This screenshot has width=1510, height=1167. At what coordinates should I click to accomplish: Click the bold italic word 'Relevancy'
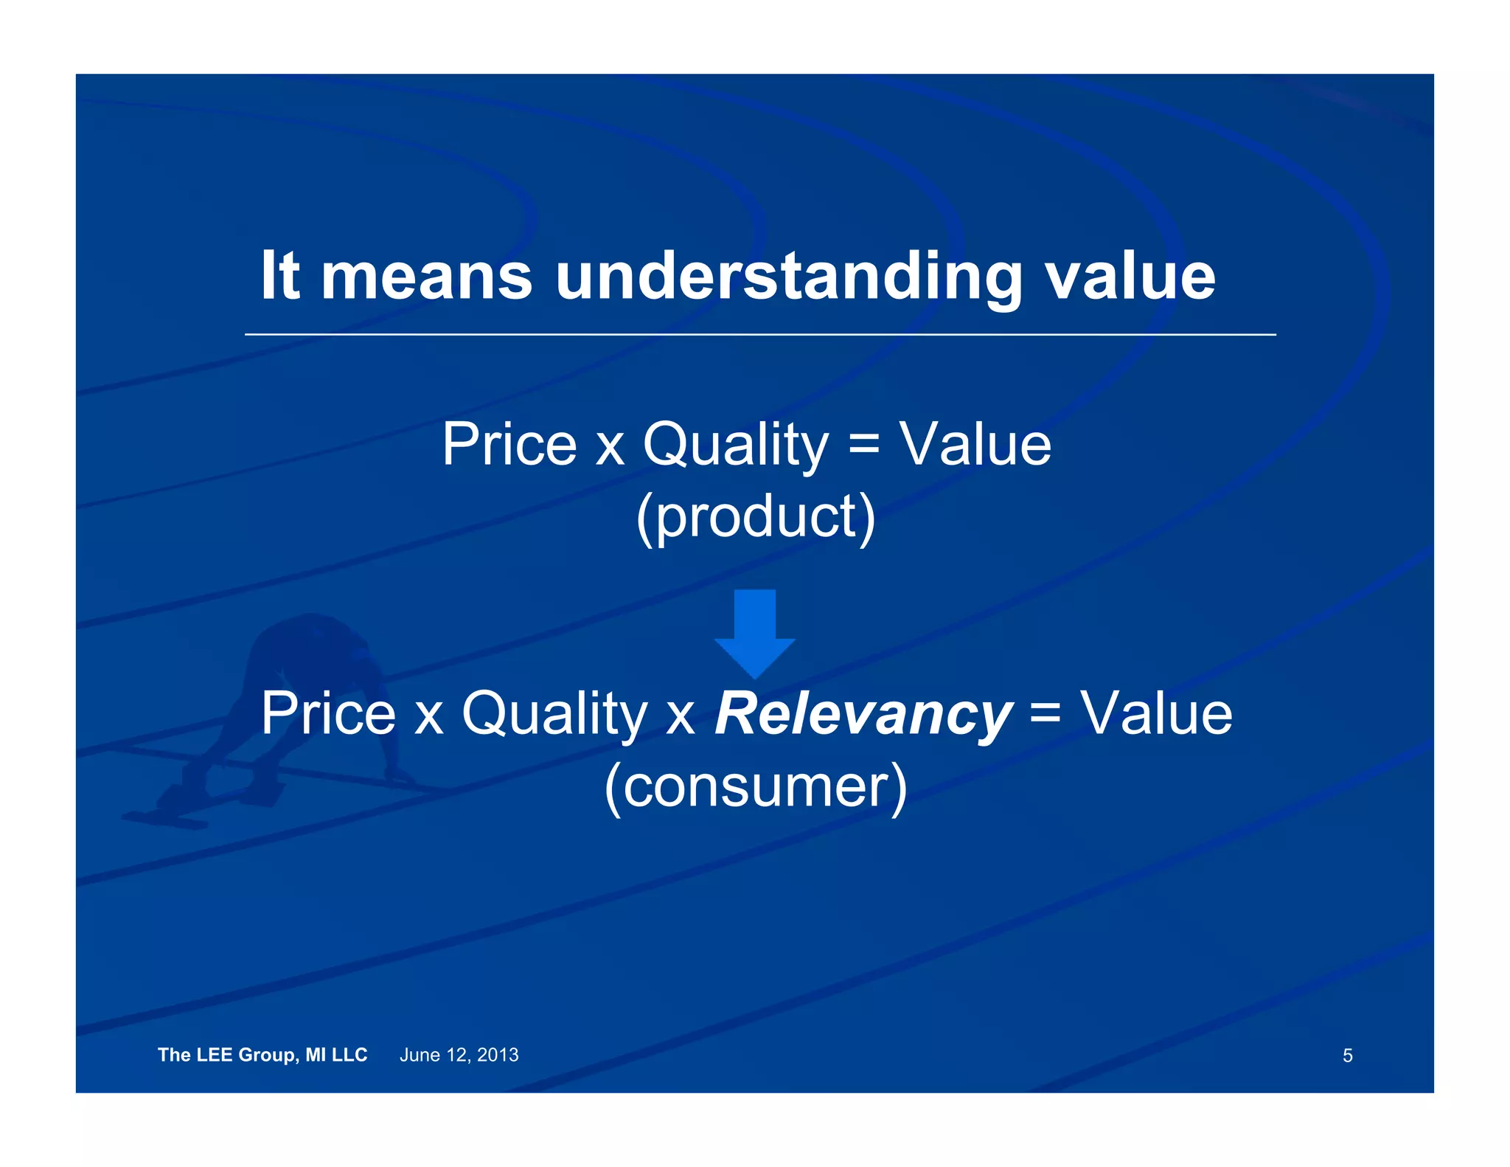coord(863,713)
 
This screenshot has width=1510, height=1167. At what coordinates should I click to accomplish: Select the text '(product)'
coord(755,516)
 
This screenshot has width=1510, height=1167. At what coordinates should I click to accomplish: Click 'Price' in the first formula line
coord(509,444)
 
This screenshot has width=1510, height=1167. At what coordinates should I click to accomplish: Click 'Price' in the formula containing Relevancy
coord(328,713)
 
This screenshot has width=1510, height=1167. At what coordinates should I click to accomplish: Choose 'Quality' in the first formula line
coord(735,446)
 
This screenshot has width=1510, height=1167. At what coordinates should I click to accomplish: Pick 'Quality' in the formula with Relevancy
coord(554,715)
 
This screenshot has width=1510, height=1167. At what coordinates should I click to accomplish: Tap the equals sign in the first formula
coord(864,446)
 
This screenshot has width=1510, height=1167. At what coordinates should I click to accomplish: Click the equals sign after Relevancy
coord(1045,714)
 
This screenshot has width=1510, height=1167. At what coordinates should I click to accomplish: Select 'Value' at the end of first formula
coord(975,444)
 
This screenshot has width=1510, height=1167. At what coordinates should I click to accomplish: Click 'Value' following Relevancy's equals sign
coord(1156,713)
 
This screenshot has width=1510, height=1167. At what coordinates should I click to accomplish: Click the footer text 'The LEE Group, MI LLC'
coord(262,1055)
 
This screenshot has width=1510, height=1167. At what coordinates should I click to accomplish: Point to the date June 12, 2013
coord(459,1055)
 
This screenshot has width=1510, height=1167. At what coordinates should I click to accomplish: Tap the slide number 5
coord(1347,1056)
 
